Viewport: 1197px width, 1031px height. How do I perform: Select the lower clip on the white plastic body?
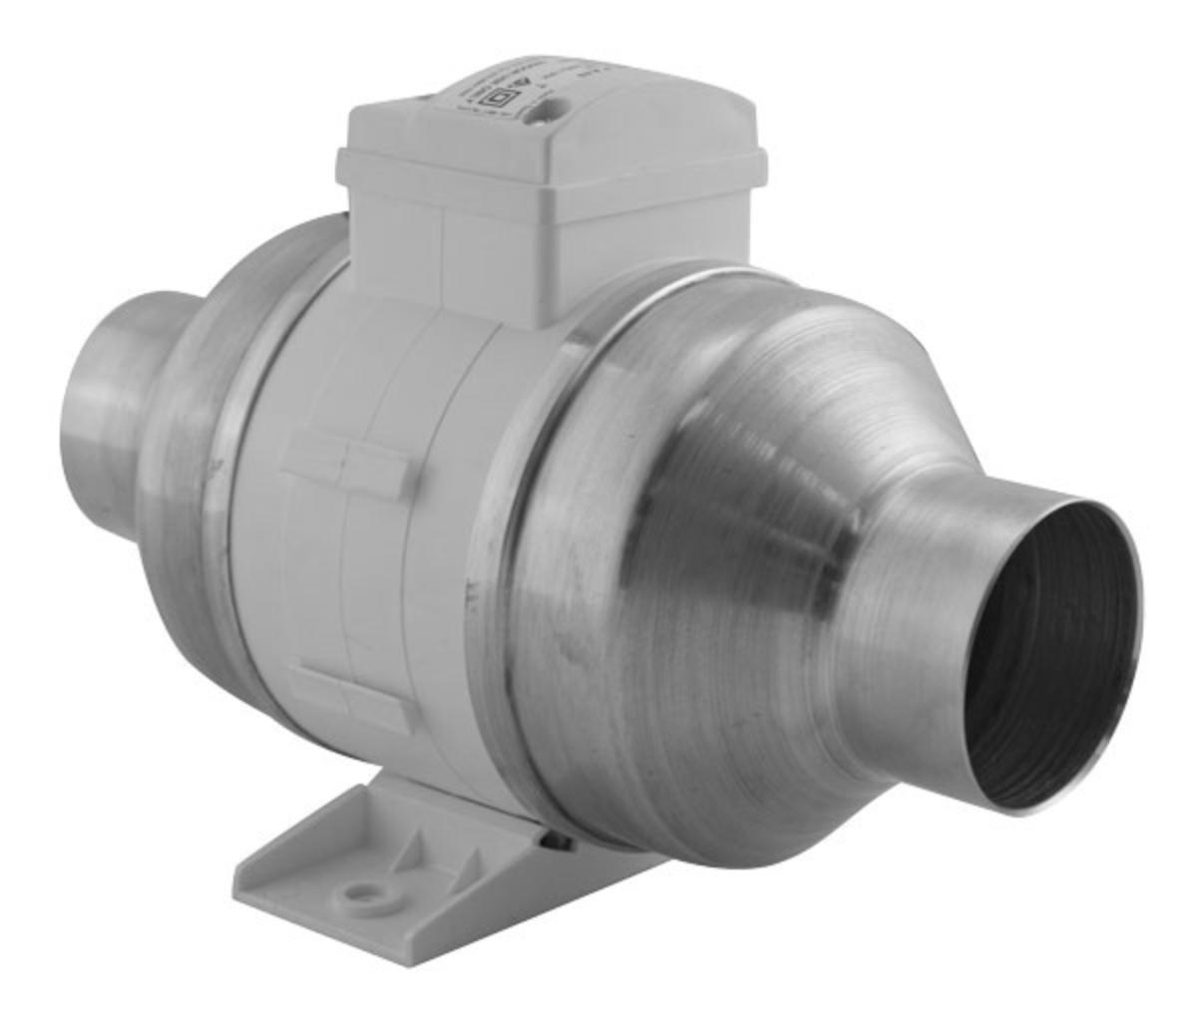352,695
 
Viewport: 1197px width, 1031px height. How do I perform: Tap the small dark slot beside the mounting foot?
559,843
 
